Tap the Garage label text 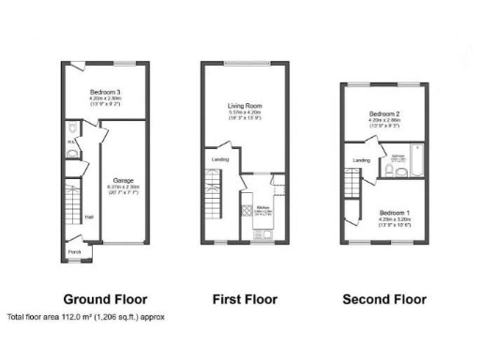(x=123, y=179)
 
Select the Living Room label (x=247, y=106)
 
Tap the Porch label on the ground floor (x=74, y=251)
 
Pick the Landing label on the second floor (x=360, y=160)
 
